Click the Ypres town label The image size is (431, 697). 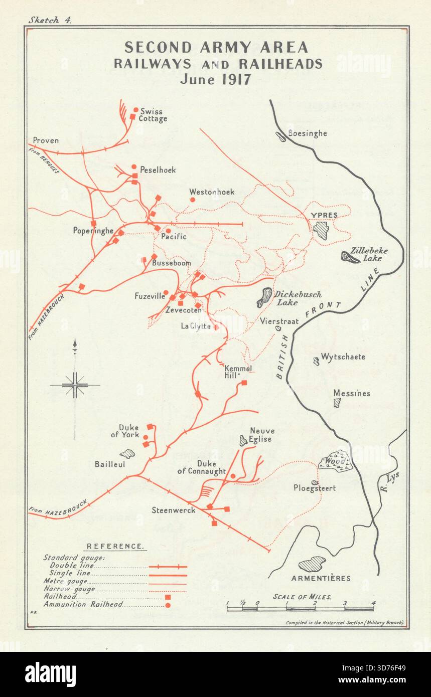324,215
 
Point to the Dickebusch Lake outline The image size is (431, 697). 264,297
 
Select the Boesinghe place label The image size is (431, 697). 307,133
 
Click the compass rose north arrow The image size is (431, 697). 75,346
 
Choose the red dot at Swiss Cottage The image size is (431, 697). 135,110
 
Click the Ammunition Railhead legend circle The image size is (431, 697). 168,605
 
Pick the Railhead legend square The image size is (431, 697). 168,597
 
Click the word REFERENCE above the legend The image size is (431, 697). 115,546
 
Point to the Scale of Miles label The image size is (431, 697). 302,597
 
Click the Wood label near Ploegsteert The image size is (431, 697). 335,461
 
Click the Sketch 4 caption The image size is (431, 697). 50,20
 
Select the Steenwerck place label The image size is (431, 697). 173,510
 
